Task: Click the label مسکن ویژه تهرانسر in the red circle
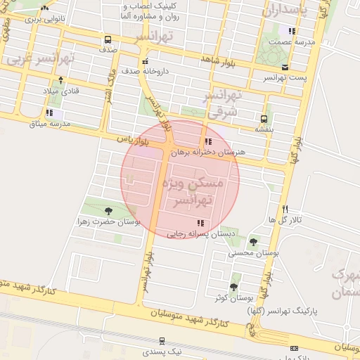point(191,191)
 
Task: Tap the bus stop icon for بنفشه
point(264,119)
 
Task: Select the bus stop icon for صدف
point(108,39)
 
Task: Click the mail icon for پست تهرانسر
point(285,67)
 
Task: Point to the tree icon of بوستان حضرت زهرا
point(108,210)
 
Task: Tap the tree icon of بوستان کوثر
point(233,287)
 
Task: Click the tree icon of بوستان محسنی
point(253,241)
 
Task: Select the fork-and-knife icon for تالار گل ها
point(285,209)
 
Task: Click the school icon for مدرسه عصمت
point(292,31)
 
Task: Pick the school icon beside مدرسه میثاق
point(49,112)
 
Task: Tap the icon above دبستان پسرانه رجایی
point(201,223)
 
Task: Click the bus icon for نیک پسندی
point(162,340)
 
